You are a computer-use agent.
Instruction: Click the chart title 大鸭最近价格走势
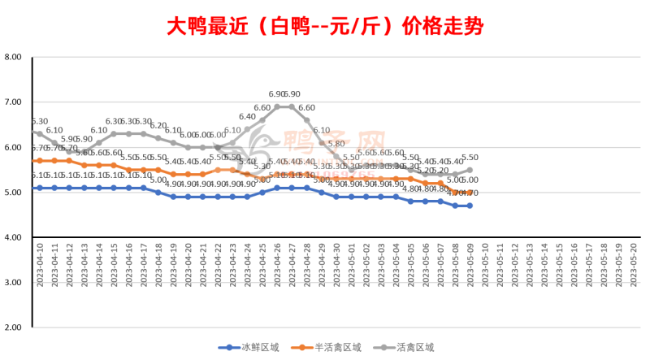(325, 26)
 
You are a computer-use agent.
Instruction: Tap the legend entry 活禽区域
(411, 347)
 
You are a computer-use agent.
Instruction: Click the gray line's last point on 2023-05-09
(469, 170)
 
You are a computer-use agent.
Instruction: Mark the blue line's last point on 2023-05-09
(469, 206)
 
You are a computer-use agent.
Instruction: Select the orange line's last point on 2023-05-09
(469, 193)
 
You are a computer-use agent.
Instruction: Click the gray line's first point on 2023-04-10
(39, 134)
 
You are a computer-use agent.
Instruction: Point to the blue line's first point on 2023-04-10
(39, 188)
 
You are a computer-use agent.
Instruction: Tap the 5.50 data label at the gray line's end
(469, 159)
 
